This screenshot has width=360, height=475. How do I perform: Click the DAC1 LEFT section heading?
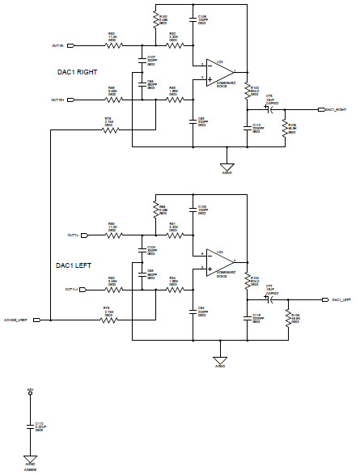click(74, 265)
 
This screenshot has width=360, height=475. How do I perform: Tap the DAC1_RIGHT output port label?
click(336, 109)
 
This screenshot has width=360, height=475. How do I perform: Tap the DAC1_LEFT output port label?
click(336, 299)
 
